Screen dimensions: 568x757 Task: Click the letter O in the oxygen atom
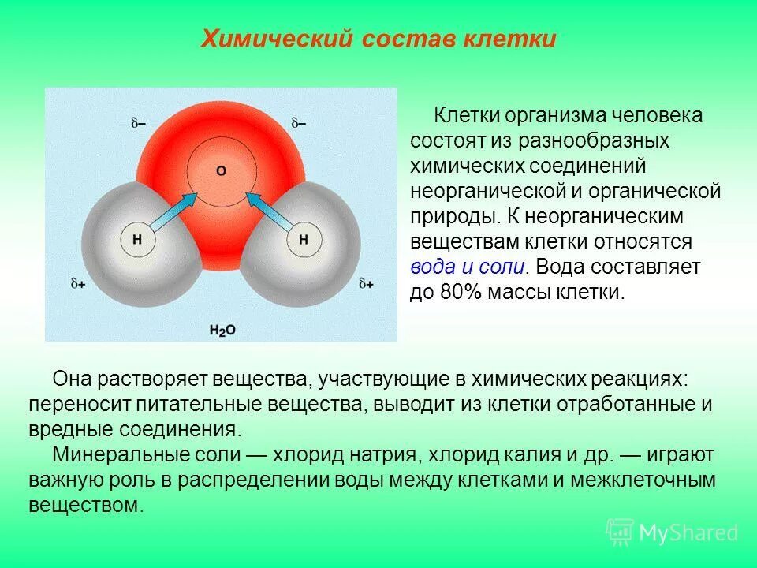(x=220, y=170)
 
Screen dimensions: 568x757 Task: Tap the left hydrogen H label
(x=136, y=239)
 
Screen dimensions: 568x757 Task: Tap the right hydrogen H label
(x=303, y=239)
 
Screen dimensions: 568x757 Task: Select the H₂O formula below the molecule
(x=222, y=330)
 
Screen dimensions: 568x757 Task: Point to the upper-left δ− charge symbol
(x=140, y=123)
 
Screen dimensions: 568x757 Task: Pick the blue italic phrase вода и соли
(x=467, y=267)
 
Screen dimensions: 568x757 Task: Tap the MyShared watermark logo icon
(x=620, y=532)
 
